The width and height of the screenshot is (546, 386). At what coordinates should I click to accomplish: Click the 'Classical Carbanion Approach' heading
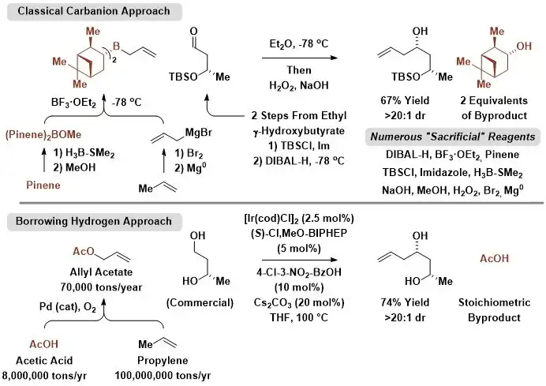coord(94,11)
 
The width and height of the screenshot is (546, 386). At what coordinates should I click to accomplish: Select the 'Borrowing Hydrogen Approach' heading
coord(94,222)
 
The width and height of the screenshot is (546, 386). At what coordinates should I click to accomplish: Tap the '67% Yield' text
coord(405,101)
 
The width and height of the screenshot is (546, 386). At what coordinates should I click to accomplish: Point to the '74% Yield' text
coord(405,302)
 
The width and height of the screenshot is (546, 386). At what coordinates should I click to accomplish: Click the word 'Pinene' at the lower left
coord(43,185)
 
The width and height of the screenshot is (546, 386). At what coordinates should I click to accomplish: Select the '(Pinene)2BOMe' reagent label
coord(43,135)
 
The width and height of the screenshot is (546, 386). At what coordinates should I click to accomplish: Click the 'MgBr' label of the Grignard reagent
coord(199,133)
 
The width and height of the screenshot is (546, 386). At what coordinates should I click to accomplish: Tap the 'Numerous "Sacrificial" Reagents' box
coord(453,137)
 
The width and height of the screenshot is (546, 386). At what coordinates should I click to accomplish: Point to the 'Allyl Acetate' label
coord(101,272)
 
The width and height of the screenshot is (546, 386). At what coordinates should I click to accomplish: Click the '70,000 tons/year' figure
coord(101,287)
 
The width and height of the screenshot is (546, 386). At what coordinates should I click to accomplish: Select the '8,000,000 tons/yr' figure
coord(44,376)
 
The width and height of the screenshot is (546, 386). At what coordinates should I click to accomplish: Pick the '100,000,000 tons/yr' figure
coord(163,376)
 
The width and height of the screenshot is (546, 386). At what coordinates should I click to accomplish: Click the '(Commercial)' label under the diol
coord(200,303)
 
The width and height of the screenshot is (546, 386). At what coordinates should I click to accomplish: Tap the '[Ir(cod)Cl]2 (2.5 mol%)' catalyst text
coord(299,219)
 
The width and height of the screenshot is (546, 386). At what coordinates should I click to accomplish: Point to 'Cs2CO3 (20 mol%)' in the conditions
coord(299,303)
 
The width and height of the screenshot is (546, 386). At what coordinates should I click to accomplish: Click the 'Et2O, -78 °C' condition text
coord(299,44)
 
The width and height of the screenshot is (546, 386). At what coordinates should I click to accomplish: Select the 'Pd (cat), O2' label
coord(68,307)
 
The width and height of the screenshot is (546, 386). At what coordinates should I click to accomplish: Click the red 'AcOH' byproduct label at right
coord(494,258)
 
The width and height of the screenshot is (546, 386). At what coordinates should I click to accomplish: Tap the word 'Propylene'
coord(163,360)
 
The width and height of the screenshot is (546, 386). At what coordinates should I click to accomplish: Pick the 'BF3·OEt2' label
coord(73,103)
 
